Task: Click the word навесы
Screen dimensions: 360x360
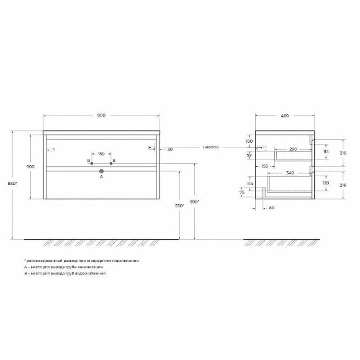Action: coord(212,147)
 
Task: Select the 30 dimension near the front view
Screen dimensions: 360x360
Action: coord(170,149)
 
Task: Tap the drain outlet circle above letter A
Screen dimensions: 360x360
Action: coord(102,170)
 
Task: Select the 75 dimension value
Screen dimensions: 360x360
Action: coord(242,193)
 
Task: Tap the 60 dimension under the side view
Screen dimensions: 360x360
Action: coord(272,209)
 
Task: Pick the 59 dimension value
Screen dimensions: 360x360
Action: coord(249,155)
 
